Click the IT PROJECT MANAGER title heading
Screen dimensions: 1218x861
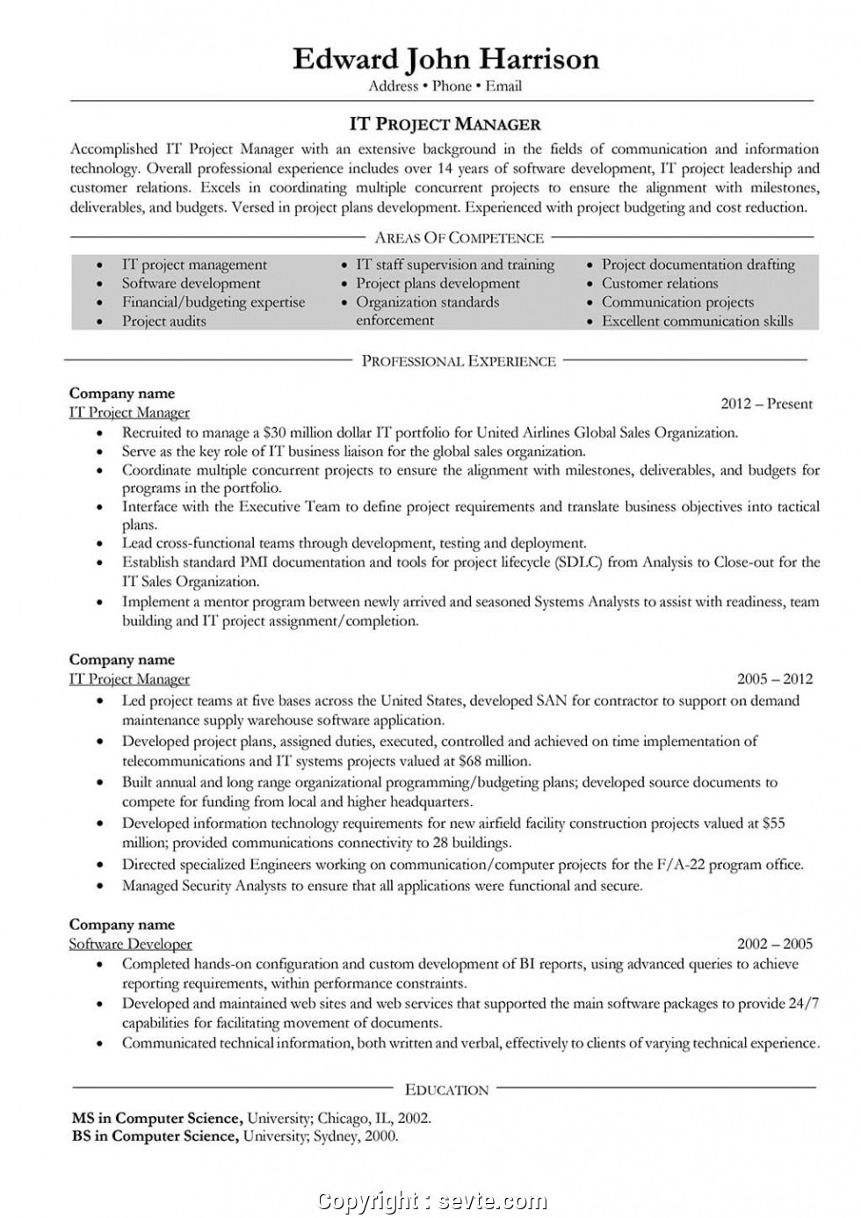445,124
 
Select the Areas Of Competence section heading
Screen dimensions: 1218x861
459,237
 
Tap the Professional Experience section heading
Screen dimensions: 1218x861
459,360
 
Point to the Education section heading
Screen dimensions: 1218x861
446,1090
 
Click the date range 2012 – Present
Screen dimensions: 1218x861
766,403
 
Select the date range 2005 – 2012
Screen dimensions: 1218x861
774,678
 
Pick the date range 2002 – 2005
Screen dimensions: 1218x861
774,944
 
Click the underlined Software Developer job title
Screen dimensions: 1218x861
130,944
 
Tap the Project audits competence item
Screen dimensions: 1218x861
163,321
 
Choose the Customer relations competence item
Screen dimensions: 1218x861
659,283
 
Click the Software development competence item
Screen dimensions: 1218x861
191,283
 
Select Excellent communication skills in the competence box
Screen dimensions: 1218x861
697,321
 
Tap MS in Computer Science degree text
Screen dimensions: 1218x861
156,1118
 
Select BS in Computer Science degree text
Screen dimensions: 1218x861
154,1135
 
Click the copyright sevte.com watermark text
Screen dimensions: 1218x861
431,1200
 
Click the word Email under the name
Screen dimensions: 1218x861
503,86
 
